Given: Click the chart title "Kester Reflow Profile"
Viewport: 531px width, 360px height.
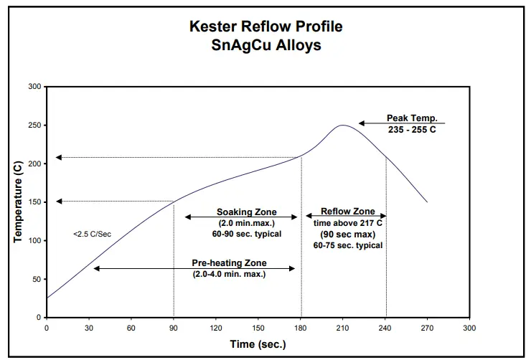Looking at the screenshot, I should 266,27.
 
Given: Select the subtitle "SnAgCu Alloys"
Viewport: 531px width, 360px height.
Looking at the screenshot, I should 266,44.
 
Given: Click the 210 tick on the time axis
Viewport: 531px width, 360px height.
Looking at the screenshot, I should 343,328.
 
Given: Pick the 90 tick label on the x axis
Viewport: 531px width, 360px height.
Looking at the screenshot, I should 174,328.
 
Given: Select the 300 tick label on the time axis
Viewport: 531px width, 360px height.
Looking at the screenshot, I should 469,328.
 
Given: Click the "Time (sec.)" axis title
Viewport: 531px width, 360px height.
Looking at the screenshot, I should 258,344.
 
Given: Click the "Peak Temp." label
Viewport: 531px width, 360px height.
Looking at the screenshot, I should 412,118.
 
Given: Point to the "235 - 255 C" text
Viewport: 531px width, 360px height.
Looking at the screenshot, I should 412,130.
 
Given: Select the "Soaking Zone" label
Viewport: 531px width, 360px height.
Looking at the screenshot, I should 242,212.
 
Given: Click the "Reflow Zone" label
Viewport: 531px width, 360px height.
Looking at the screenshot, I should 347,212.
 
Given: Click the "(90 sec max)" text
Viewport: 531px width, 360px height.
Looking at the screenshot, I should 347,234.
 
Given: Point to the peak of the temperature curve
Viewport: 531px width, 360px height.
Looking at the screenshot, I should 343,125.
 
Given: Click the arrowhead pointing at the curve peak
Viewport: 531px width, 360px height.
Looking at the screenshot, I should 363,124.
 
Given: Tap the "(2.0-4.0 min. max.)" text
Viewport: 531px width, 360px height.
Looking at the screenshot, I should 229,274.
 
